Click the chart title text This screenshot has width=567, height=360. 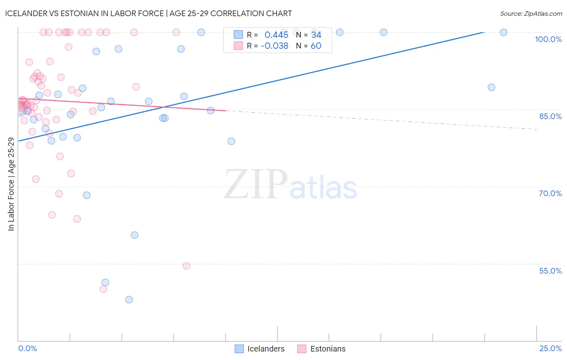148,13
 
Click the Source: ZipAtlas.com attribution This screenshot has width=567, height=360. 531,13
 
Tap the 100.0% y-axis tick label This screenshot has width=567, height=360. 548,39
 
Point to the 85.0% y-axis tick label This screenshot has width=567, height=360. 550,116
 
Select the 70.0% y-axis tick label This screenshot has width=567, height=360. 550,193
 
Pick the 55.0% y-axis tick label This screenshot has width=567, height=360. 550,271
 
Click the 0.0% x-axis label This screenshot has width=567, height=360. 27,348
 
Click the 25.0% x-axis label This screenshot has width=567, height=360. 550,348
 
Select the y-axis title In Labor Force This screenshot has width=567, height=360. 11,184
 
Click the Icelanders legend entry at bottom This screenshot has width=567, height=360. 260,349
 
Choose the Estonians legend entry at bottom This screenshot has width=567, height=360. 322,349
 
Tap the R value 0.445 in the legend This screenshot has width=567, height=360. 276,35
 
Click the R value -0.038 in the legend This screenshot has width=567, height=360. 274,46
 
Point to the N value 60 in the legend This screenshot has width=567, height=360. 316,46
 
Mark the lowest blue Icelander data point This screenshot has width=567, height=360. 129,299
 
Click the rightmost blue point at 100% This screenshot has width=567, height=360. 503,32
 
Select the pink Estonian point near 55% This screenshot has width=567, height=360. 186,266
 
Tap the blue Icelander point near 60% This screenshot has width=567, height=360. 135,235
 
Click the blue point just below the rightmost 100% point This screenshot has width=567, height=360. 491,87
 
